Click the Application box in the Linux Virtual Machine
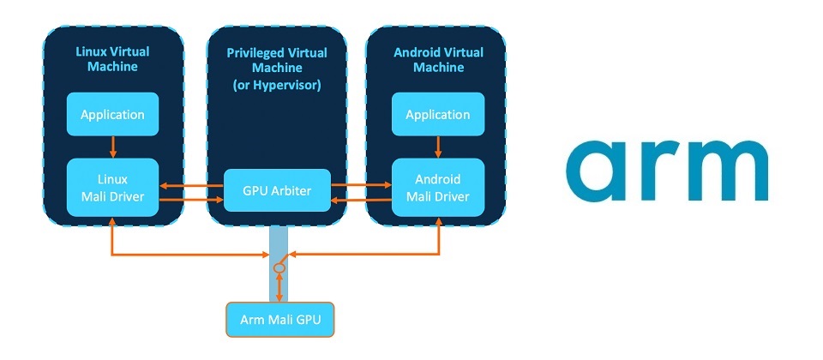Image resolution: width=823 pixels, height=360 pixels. pyautogui.click(x=112, y=113)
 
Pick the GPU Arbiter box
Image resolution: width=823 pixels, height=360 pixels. pyautogui.click(x=275, y=190)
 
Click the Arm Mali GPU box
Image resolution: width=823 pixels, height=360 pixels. pyautogui.click(x=279, y=321)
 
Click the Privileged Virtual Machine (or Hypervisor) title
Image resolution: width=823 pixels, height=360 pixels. pyautogui.click(x=276, y=69)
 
